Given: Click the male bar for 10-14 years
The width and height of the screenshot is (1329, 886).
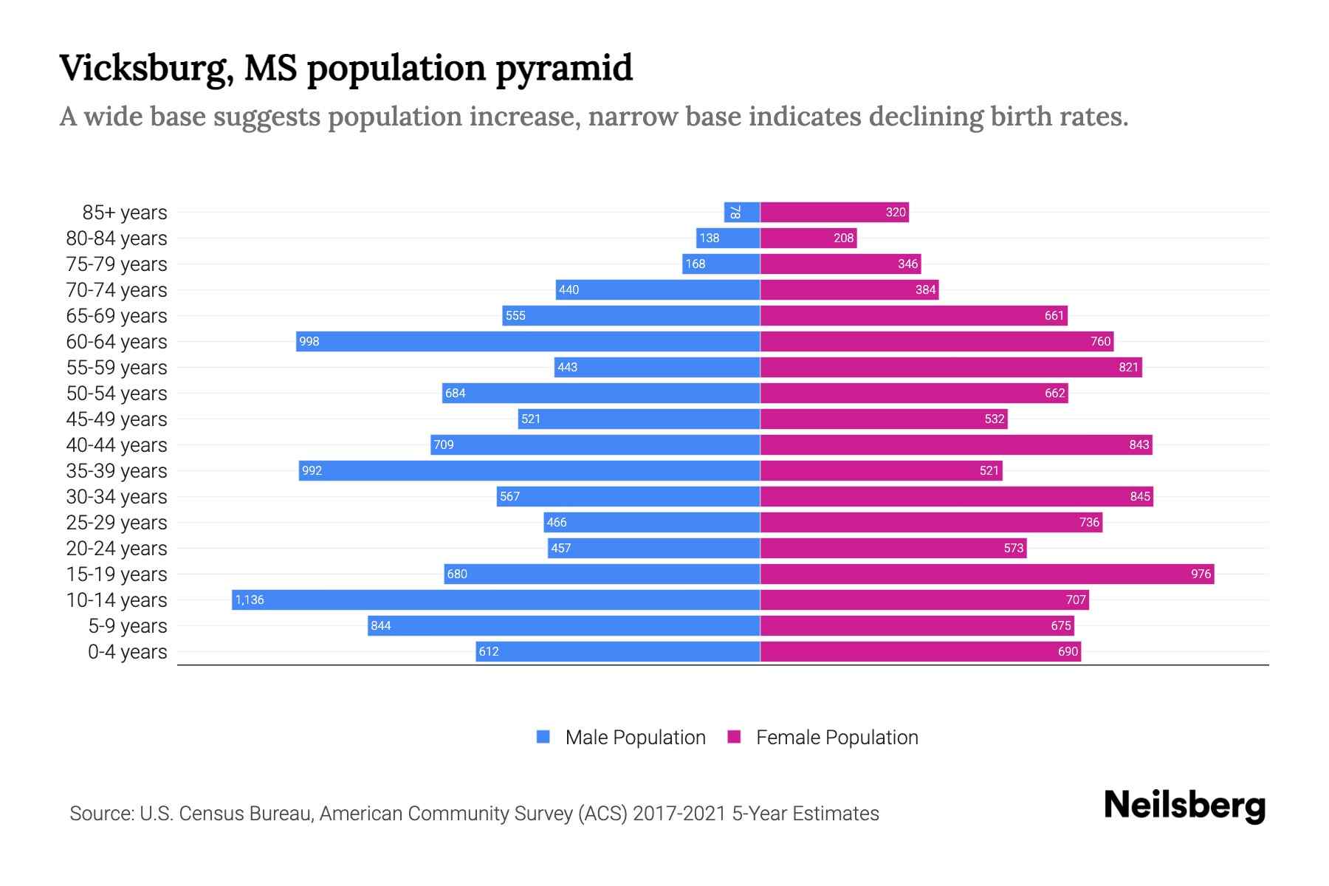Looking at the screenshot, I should (496, 600).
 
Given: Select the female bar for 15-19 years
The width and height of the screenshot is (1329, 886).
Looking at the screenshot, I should (987, 574).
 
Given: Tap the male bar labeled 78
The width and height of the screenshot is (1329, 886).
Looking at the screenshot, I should (742, 212).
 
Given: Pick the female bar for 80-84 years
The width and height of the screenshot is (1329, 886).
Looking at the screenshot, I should (808, 238).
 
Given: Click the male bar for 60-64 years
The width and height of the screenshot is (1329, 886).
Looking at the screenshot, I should (528, 341).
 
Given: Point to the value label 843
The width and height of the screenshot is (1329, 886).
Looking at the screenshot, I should (1139, 444).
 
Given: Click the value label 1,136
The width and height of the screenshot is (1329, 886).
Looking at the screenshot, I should (250, 600).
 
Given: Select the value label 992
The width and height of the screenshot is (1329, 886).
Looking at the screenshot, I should (312, 470).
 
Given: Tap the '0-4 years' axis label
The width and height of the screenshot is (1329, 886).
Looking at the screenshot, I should (127, 652).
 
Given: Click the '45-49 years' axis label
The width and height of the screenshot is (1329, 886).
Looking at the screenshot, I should (117, 419).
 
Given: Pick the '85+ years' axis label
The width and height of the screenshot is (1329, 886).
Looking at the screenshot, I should (125, 213).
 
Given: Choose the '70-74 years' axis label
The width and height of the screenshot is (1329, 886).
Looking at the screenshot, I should (117, 290).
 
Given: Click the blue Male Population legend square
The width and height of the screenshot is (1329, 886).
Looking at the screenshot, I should (543, 737).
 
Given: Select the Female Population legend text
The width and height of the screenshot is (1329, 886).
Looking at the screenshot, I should (837, 738).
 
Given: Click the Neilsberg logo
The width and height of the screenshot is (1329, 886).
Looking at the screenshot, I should (1184, 806).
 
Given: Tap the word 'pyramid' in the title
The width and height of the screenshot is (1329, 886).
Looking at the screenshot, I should (564, 69).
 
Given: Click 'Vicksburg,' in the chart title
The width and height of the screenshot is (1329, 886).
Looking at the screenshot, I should (146, 69).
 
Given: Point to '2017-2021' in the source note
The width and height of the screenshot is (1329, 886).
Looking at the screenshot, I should (679, 814).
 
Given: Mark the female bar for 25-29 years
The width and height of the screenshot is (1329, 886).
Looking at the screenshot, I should (931, 522).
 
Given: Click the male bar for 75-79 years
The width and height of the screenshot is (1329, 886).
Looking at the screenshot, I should (721, 264).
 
